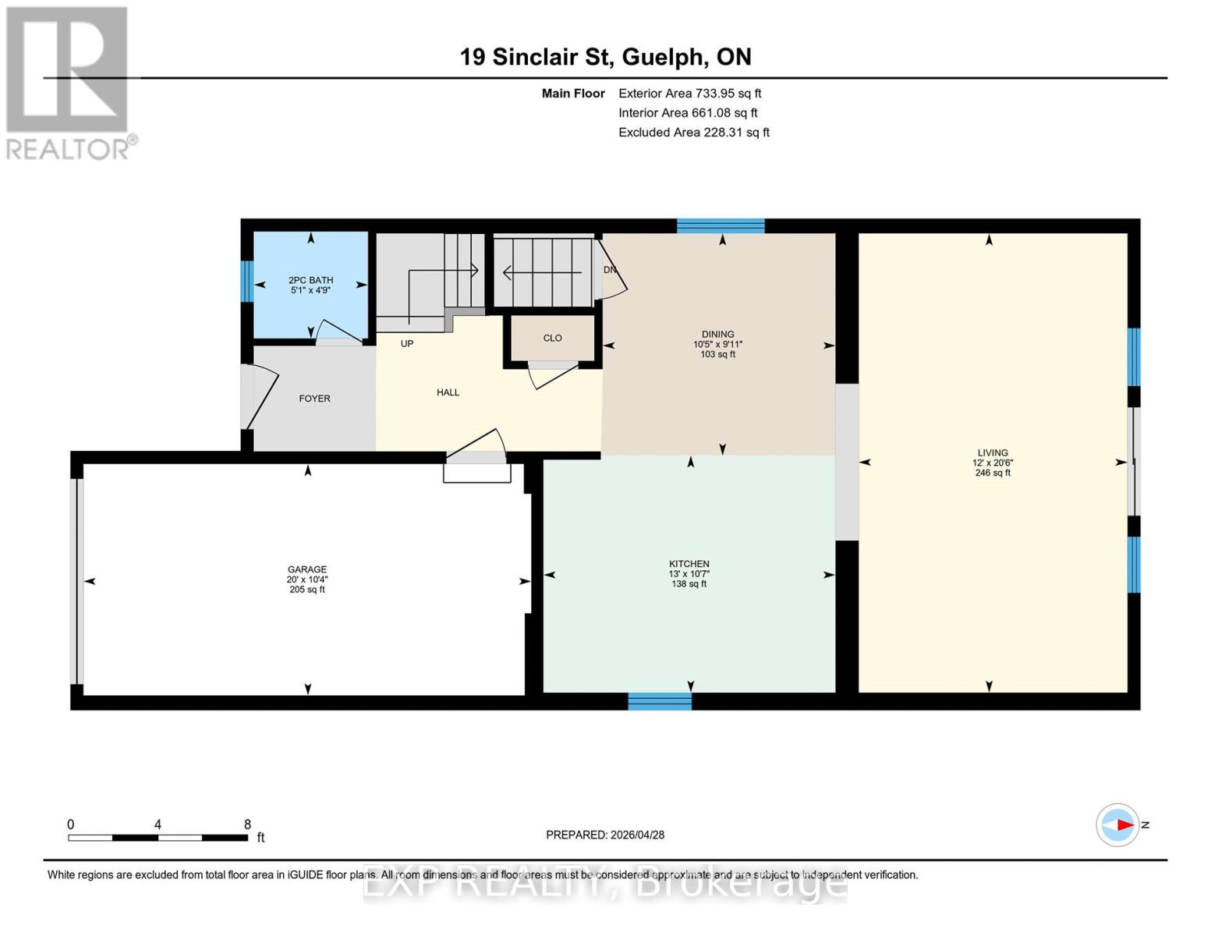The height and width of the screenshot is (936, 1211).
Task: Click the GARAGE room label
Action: click(306, 569)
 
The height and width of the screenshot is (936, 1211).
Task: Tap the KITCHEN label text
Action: click(689, 564)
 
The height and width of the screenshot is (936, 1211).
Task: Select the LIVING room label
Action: click(993, 452)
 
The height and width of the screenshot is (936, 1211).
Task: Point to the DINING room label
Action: click(717, 334)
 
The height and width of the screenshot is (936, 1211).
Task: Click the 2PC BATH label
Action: click(310, 280)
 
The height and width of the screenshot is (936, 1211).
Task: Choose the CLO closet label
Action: click(552, 338)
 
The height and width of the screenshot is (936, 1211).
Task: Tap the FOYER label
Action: click(314, 399)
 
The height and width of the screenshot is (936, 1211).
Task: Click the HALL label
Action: click(448, 392)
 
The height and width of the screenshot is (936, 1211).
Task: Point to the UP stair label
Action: click(407, 343)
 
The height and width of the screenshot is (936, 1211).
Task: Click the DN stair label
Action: click(610, 270)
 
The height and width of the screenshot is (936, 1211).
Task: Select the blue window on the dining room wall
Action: click(721, 226)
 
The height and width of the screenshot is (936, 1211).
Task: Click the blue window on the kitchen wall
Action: click(660, 701)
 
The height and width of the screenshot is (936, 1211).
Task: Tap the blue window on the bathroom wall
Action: click(246, 281)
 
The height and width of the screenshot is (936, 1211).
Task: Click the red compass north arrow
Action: click(1123, 824)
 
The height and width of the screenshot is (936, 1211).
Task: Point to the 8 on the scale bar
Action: click(247, 824)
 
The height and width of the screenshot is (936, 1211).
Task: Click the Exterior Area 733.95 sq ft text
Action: click(689, 93)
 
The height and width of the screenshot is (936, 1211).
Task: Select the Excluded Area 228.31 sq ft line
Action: click(693, 132)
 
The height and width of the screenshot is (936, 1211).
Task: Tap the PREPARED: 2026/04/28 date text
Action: click(605, 835)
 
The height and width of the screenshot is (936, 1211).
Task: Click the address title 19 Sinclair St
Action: click(605, 57)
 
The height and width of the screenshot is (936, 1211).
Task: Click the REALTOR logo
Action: click(69, 83)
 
